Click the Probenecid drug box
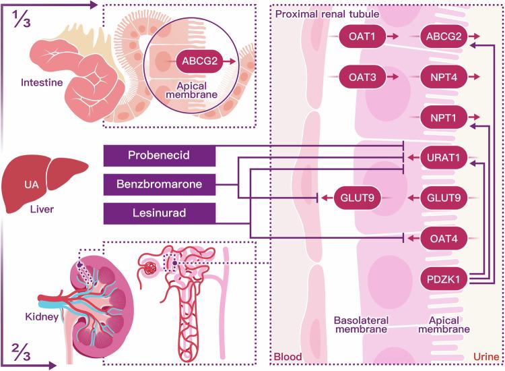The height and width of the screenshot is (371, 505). (x=160, y=156)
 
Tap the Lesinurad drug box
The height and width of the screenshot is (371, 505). (x=160, y=214)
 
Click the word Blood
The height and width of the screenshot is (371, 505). (x=288, y=356)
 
